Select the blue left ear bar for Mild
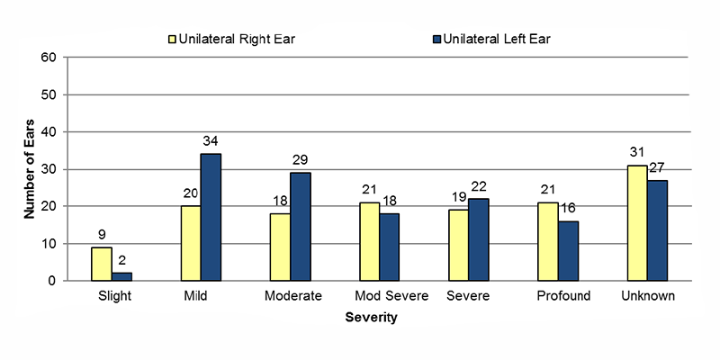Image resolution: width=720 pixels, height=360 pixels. [x=211, y=217]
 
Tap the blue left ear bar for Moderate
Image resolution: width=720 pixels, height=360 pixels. [x=300, y=226]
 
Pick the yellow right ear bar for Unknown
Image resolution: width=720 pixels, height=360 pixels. [x=636, y=223]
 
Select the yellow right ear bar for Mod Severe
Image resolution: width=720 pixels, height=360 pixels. [x=369, y=241]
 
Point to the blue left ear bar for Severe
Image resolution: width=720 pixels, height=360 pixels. [x=478, y=239]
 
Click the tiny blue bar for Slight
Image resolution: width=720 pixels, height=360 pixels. [x=121, y=276]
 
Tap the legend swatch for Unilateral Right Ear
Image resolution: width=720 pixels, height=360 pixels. [x=170, y=39]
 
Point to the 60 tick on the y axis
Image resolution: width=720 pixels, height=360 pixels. [x=49, y=58]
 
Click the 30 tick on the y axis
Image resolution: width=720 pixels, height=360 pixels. [x=49, y=169]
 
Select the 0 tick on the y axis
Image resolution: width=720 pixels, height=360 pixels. [x=53, y=281]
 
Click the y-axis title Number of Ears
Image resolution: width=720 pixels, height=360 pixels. [x=28, y=168]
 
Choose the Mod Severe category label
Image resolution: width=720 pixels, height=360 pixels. [x=377, y=297]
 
